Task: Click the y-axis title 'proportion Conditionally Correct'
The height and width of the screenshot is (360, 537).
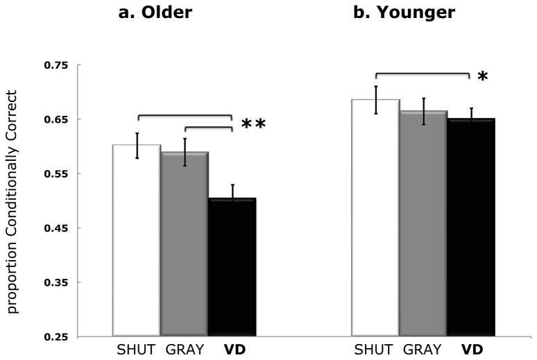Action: (x=15, y=201)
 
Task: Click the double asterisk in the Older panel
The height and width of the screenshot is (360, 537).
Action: (x=253, y=126)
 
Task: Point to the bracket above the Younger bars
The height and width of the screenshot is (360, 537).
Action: (x=423, y=73)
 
